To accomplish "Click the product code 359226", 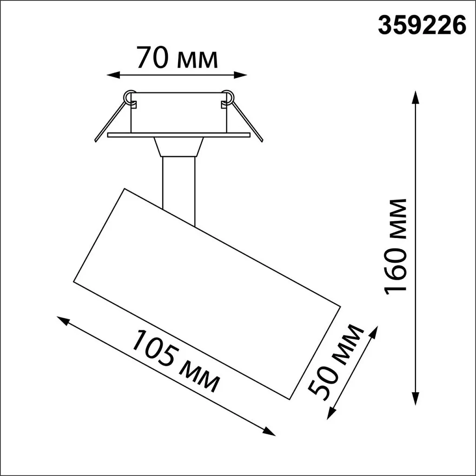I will click(x=422, y=26).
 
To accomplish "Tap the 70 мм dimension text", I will click(x=177, y=59).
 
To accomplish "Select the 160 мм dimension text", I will click(x=396, y=246).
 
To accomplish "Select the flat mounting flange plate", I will click(x=178, y=135).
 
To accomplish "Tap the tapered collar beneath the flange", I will click(x=178, y=147).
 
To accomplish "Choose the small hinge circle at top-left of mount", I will click(x=129, y=96).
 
